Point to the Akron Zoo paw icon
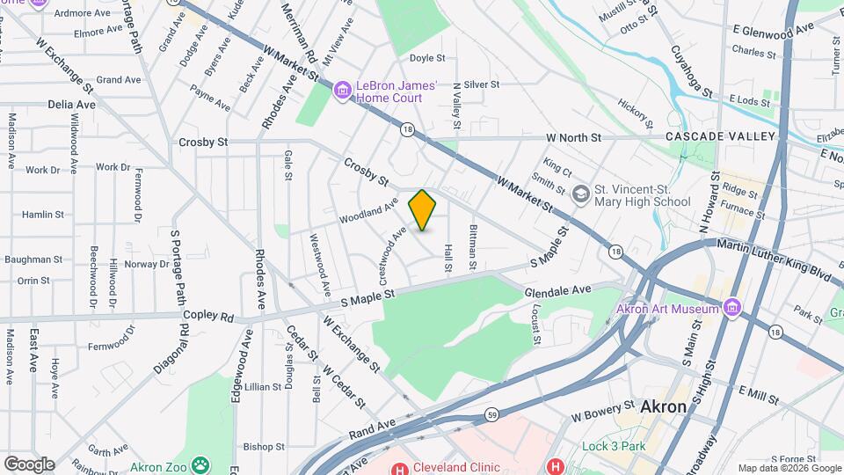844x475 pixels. click(202, 464)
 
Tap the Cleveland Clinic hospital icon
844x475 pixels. click(397, 467)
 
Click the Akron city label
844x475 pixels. click(663, 407)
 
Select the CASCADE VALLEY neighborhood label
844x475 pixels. click(720, 136)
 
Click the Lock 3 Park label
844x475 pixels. click(614, 446)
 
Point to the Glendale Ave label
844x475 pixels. click(558, 289)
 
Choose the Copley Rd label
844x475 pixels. click(208, 317)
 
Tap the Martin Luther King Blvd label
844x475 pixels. click(774, 261)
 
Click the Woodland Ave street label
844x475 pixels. click(369, 211)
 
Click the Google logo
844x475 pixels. click(29, 464)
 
